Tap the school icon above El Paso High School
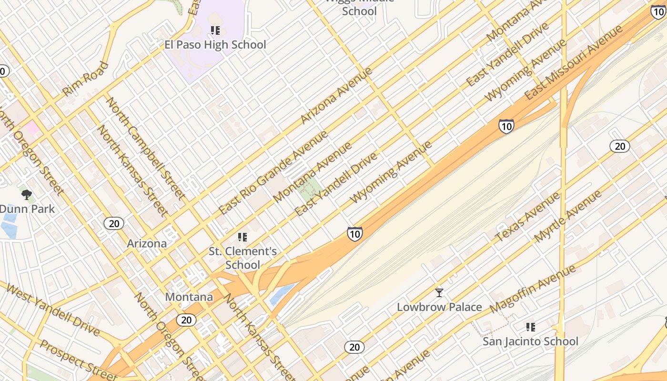(x=215, y=30)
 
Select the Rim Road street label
(x=86, y=79)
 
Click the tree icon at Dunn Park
(x=27, y=194)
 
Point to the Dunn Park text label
(x=27, y=209)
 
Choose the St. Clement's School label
(x=243, y=258)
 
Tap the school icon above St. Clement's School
(x=243, y=237)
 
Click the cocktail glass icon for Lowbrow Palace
(x=439, y=292)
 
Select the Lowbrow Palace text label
(x=439, y=307)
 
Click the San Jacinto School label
(x=530, y=341)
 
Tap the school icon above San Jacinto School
(x=530, y=327)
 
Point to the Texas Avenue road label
(x=528, y=217)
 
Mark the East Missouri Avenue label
(x=574, y=62)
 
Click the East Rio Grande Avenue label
(x=273, y=172)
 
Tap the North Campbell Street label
(x=145, y=148)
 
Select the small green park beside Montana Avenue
(x=309, y=189)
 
